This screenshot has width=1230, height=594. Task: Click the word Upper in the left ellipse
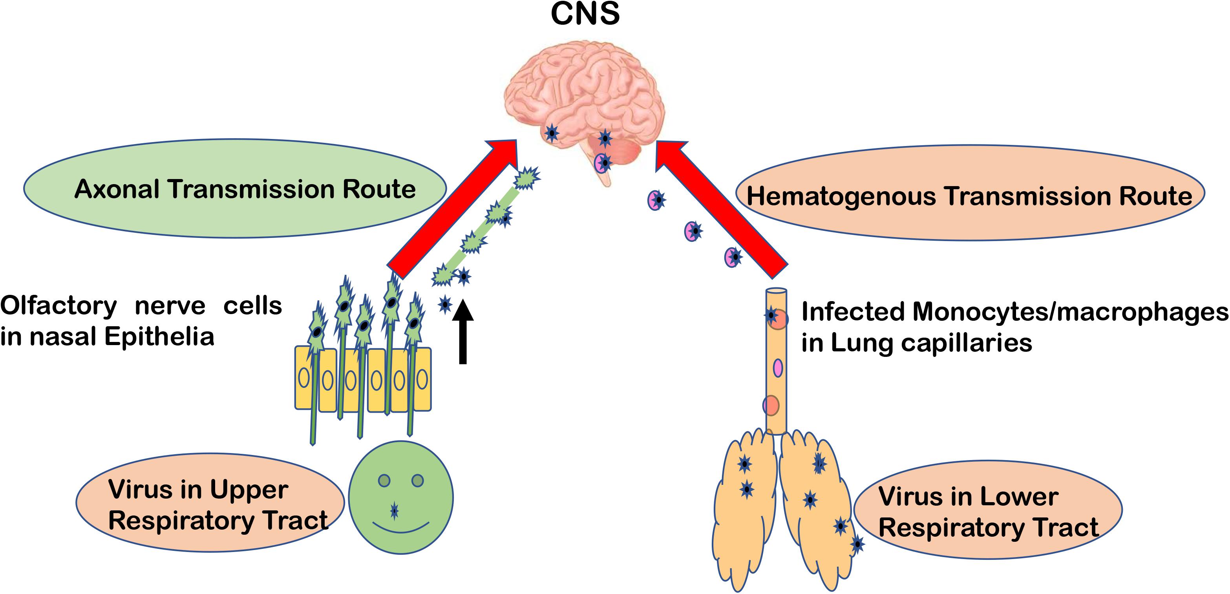pyautogui.click(x=248, y=490)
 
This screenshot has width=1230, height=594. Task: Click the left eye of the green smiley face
pyautogui.click(x=384, y=481)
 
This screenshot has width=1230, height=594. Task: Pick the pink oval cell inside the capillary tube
pyautogui.click(x=778, y=368)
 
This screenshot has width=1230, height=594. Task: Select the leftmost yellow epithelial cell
pyautogui.click(x=304, y=378)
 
